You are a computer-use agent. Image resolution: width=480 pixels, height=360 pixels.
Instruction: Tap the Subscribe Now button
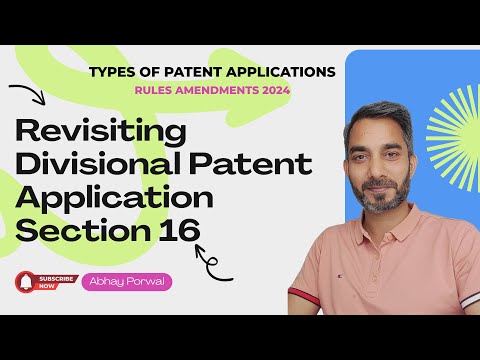tap(53, 282)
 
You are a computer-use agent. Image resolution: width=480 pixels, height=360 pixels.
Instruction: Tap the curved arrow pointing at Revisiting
tap(24, 94)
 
